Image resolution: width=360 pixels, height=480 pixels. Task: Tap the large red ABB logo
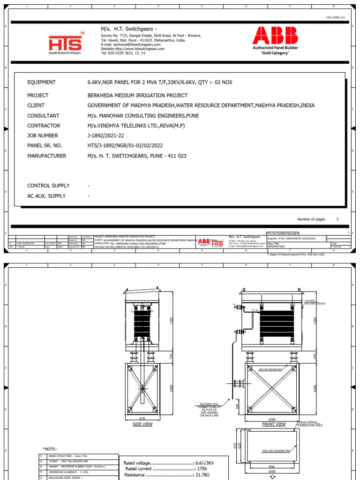pos(275,36)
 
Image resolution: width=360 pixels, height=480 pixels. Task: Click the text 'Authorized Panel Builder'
pos(275,48)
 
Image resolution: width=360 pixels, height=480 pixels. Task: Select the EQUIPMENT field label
pos(41,82)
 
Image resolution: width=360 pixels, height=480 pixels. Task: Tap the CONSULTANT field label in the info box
pos(43,116)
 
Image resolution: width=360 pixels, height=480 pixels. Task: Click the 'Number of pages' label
pos(311,219)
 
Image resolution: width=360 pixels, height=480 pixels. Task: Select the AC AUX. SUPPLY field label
pos(46,196)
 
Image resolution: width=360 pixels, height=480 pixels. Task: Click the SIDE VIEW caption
pos(142,424)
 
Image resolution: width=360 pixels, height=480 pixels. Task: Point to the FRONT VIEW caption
pos(274,424)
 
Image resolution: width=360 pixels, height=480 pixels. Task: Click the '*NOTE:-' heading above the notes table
pos(51,449)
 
